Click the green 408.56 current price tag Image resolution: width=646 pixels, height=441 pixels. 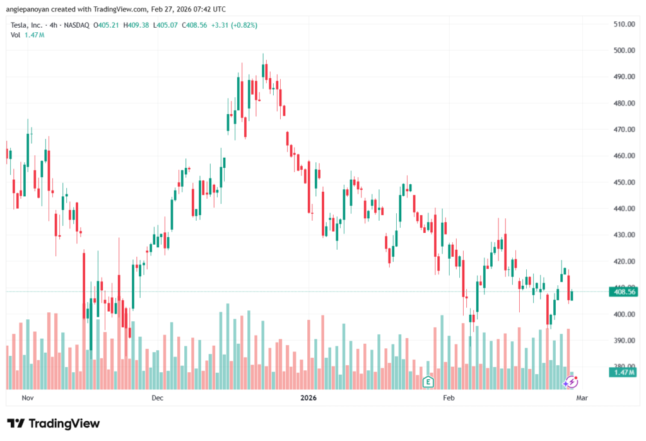coord(621,291)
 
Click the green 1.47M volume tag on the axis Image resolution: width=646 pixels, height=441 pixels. coord(621,373)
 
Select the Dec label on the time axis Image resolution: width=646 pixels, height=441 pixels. coord(157,398)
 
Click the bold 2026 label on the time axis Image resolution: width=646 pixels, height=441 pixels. coord(308,398)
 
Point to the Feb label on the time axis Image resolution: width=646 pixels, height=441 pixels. coord(449,398)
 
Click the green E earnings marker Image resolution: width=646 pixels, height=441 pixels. coord(428,381)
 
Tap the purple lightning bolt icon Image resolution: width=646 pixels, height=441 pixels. coord(570,382)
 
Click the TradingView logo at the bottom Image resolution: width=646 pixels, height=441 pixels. coord(53,423)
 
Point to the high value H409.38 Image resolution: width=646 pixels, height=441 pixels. coord(136,25)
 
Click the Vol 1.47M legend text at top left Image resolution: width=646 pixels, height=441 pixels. coord(27,35)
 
